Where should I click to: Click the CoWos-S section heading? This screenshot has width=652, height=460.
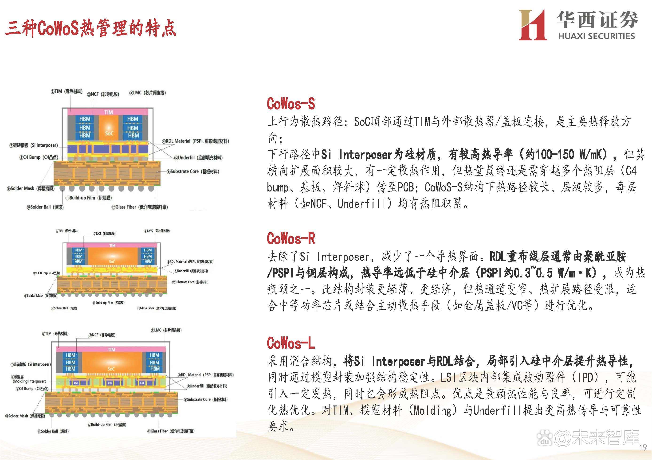pos(291,104)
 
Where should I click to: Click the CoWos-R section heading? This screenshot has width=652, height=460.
pos(291,238)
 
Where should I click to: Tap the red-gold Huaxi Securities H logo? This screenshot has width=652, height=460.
pos(532,25)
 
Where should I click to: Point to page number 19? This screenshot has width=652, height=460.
pos(643,448)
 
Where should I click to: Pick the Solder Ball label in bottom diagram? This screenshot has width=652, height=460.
pos(53,431)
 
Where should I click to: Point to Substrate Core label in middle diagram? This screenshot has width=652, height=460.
pos(190,282)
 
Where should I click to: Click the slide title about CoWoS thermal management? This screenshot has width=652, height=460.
pos(90,28)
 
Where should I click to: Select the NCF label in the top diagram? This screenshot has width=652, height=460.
pos(103,94)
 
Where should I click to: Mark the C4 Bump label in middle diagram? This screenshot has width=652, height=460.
pos(47,273)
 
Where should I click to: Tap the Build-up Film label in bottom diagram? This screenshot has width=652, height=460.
pos(107,425)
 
